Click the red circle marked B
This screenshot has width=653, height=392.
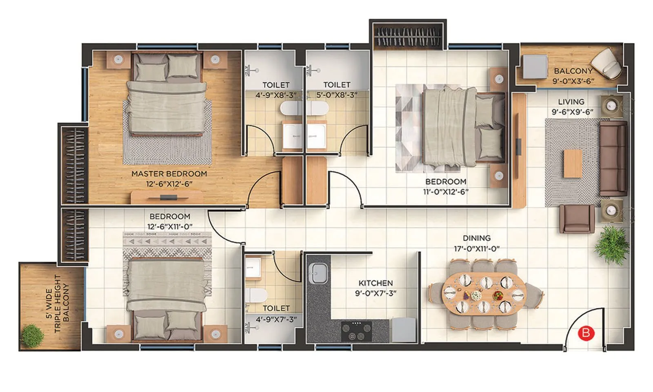pos(586,333)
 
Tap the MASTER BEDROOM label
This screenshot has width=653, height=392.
pos(169,174)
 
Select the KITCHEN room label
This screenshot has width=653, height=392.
pos(375,283)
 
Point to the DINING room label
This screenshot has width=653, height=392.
pos(476,238)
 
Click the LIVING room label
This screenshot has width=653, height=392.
pos(571,102)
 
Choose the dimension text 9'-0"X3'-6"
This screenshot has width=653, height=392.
pos(573,81)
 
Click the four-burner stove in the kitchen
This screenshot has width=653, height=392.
pos(356,330)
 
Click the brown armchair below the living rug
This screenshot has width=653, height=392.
pos(577,219)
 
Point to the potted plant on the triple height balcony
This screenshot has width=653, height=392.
pos(31,335)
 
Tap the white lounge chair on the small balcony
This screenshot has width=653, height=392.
pos(607,63)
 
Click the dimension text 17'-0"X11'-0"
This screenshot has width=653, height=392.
pos(476,249)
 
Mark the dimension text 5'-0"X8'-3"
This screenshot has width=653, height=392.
pos(337,95)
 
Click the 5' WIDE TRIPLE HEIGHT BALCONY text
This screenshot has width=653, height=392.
pos(57,304)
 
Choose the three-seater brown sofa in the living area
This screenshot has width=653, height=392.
pos(613,158)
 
